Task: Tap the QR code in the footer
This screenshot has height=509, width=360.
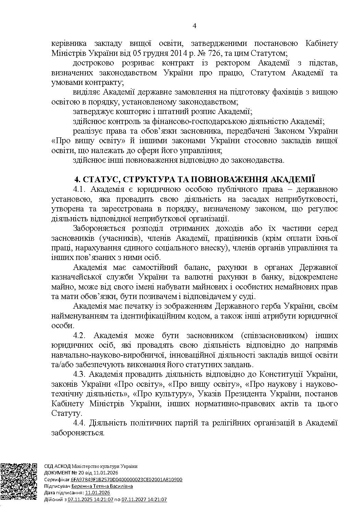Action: coord(19,481)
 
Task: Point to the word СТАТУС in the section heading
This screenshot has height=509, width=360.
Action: coord(100,180)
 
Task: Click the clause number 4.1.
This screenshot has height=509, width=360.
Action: coord(81,189)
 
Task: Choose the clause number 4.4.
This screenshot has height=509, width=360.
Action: coord(81,423)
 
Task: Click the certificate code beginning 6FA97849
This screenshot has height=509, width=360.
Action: coord(127,480)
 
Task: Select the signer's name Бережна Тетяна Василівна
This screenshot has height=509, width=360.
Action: coord(102,486)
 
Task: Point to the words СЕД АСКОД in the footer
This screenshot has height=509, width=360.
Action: coord(57,466)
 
